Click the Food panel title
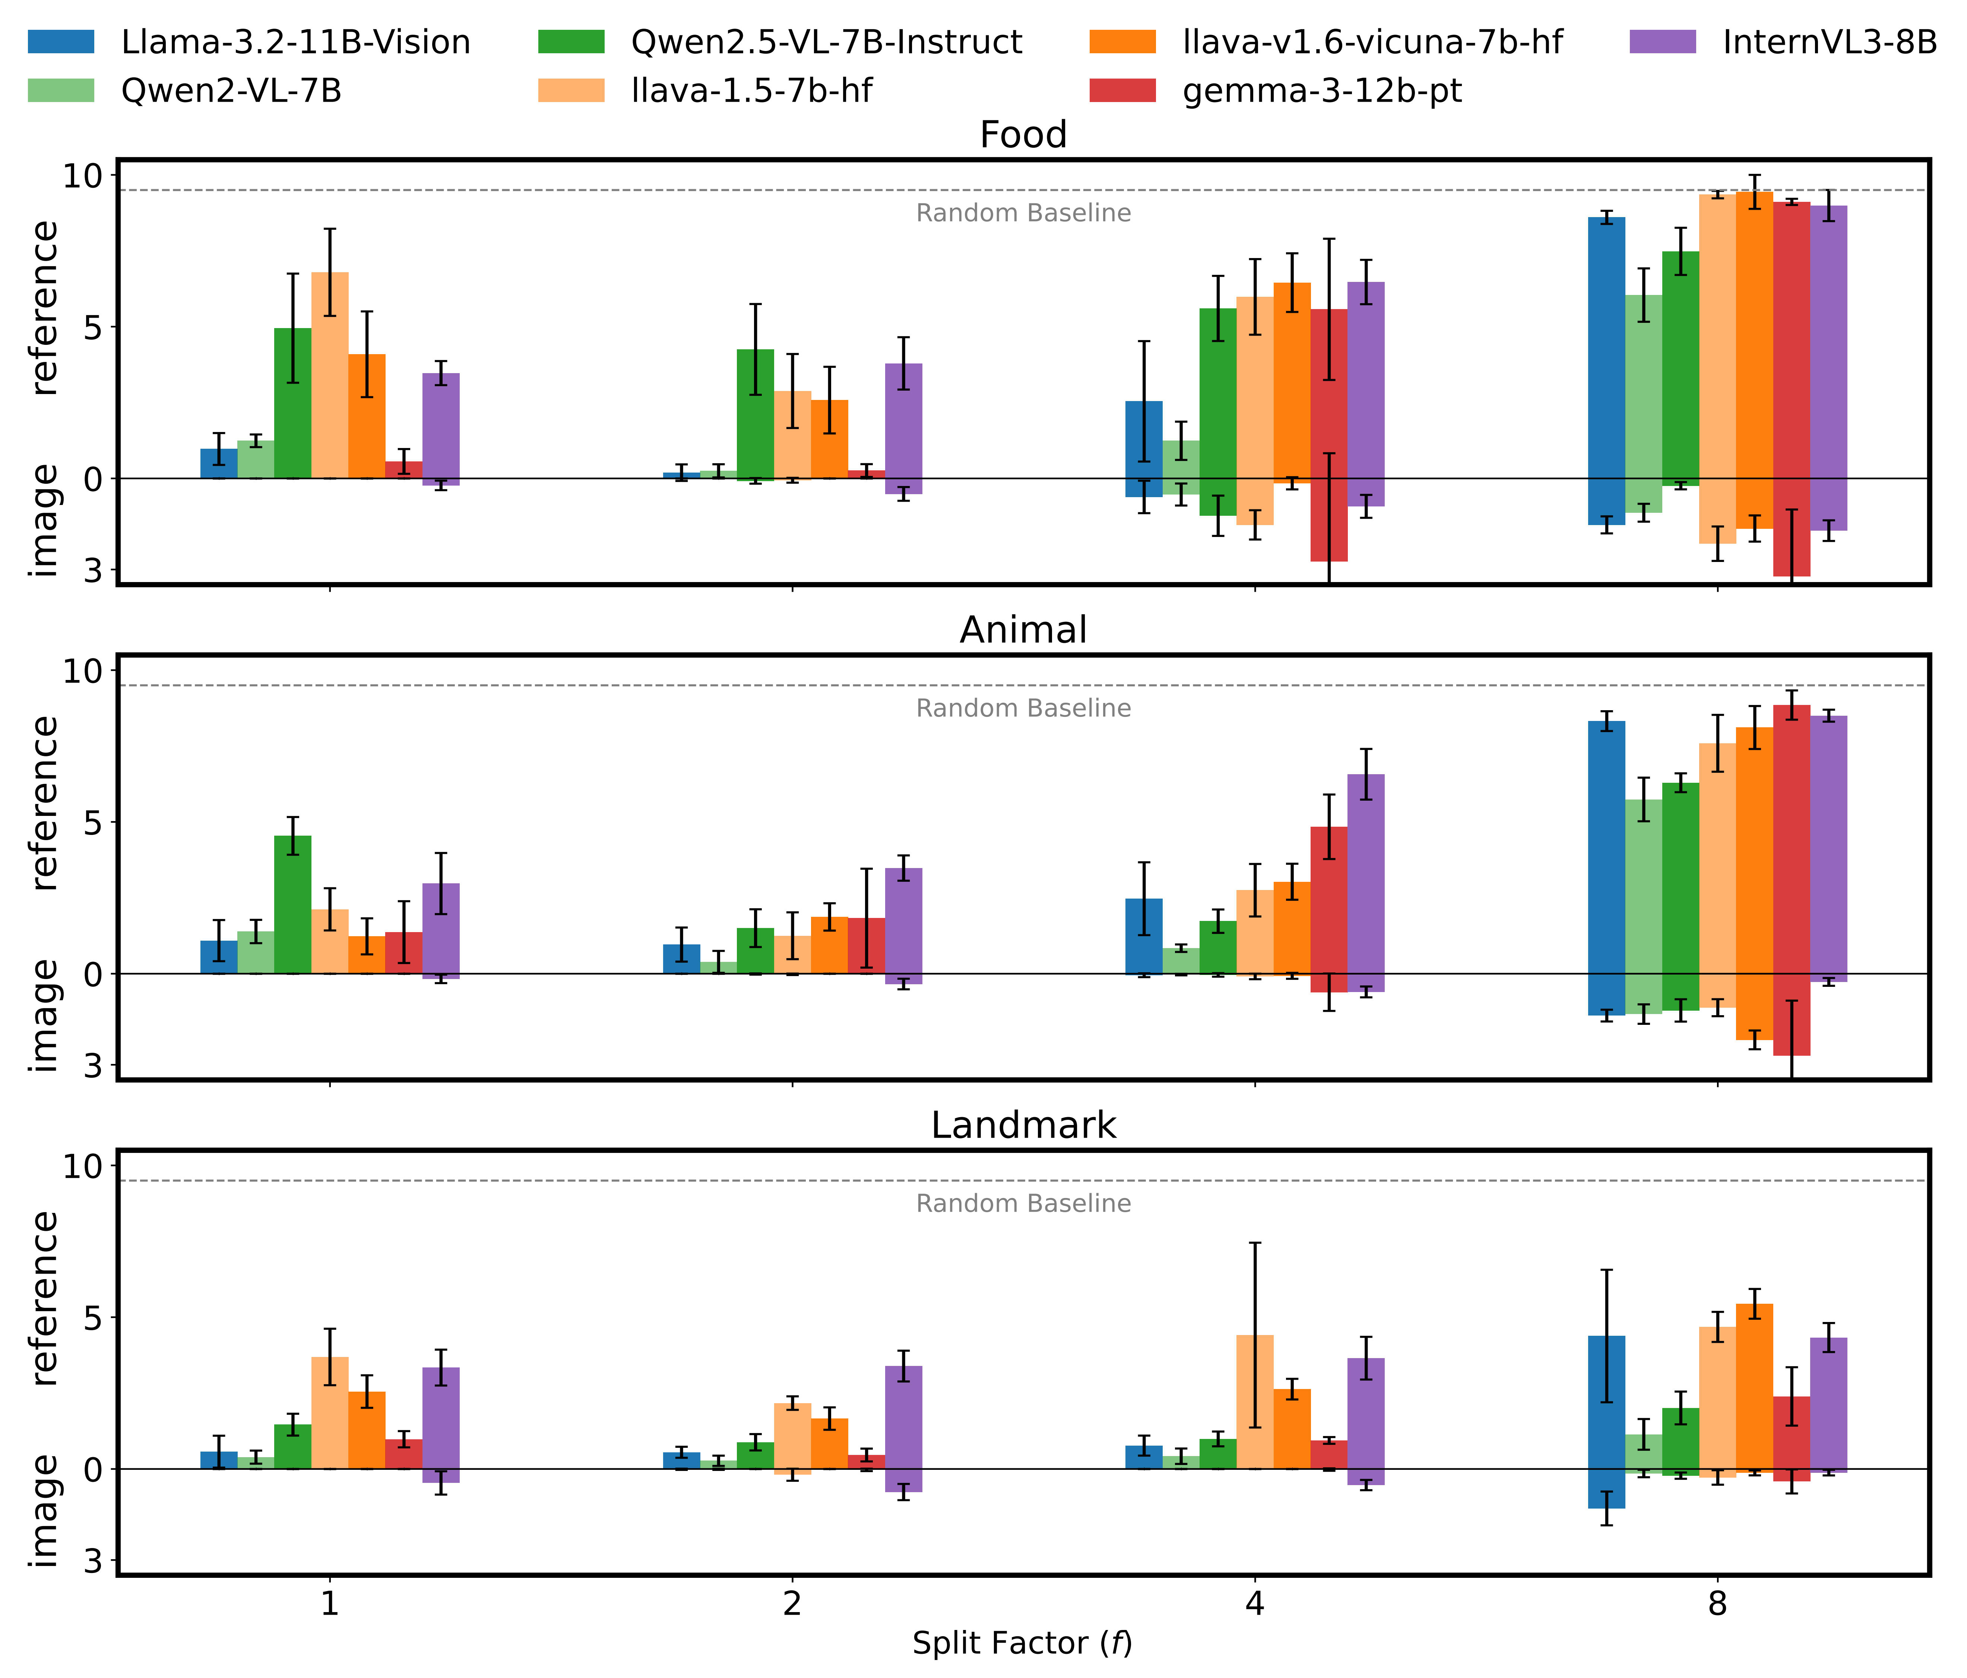click(x=1022, y=135)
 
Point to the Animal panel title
click(x=1022, y=630)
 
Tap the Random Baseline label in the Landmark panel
click(x=1022, y=1204)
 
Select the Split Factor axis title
click(x=1022, y=1643)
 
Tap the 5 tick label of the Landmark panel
click(x=92, y=1318)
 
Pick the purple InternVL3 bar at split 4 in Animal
click(x=1365, y=873)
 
